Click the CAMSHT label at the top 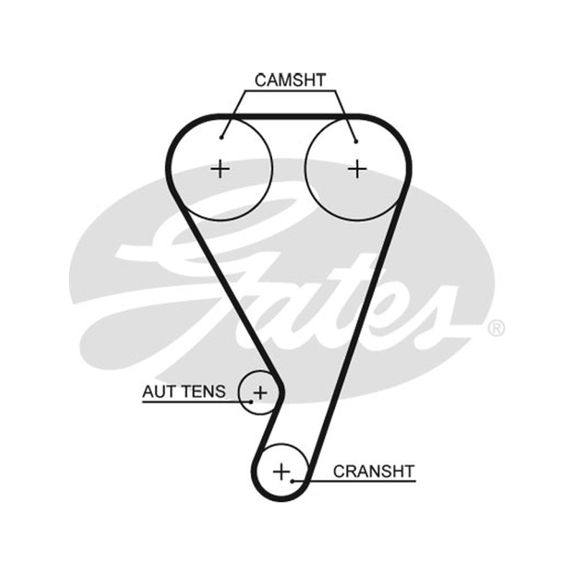290,80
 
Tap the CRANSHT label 373,471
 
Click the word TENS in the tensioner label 202,392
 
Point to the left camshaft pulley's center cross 220,169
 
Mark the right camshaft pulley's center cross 357,169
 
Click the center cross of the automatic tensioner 260,392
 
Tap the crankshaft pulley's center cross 281,471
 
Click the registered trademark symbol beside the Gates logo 496,329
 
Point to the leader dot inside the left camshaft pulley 221,138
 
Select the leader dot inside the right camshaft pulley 356,141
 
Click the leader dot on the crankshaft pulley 293,481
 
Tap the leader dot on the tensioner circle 251,402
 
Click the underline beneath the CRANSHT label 354,481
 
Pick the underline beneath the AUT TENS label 197,402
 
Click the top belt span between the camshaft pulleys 289,117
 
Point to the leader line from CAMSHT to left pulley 232,114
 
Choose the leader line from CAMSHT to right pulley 345,116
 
